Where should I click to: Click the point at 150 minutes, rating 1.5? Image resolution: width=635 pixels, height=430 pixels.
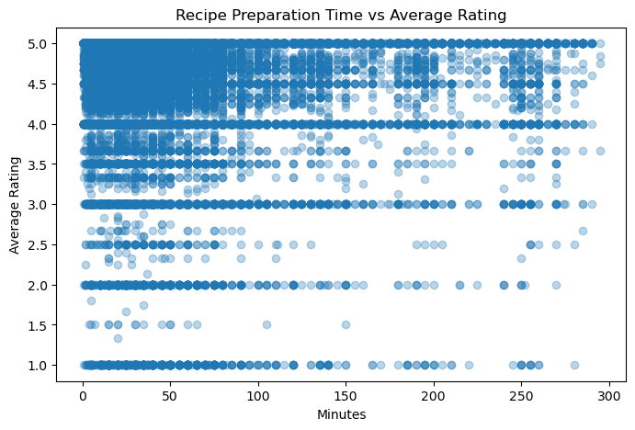[346, 324]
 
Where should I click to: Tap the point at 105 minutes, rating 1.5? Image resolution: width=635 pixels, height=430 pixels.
[266, 324]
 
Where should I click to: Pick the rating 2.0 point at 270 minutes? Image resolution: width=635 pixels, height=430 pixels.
[556, 285]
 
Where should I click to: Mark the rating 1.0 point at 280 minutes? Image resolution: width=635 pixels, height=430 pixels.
[573, 365]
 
